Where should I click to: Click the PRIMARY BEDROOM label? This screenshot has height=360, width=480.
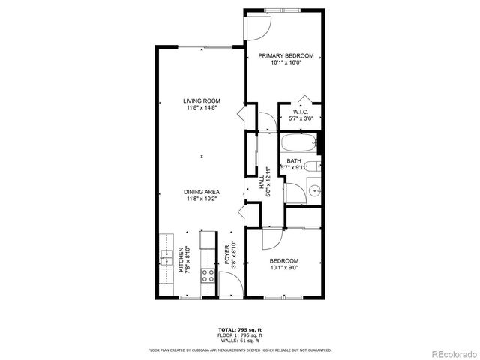(x=286, y=56)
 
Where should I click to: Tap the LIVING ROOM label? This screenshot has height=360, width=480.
(x=202, y=101)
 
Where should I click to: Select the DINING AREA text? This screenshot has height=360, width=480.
(x=202, y=193)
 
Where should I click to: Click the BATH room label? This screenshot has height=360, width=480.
(x=294, y=160)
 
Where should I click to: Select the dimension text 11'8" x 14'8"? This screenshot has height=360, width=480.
(x=202, y=108)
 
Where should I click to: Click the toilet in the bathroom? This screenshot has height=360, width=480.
(x=314, y=166)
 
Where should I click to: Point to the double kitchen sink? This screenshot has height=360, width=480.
(x=165, y=259)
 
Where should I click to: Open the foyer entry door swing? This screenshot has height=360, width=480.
(x=231, y=287)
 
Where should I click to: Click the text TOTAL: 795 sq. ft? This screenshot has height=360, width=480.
(x=239, y=329)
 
